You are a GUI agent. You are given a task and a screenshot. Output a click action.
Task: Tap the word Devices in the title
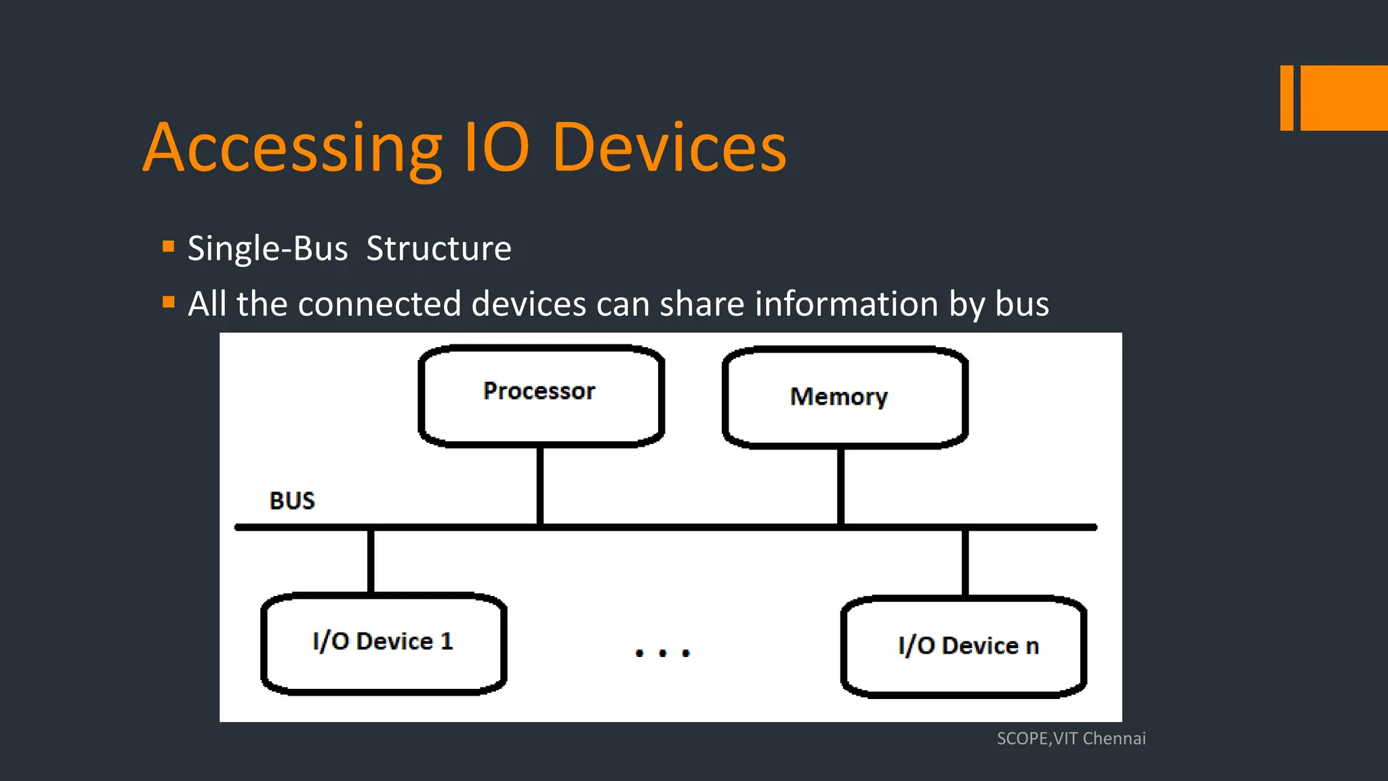coord(669,148)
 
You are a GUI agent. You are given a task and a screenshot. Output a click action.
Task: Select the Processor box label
coord(539,391)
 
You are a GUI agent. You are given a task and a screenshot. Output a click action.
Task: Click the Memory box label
coord(838,397)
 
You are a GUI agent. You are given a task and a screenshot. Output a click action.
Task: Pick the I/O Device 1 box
coord(383,642)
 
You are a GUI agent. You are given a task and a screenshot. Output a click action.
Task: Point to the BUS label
coord(292,501)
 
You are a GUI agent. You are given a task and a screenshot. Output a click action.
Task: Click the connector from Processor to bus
coord(540,485)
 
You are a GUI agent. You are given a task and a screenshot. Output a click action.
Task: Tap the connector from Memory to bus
coord(840,486)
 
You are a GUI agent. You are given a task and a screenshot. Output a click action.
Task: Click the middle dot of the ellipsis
coord(663,654)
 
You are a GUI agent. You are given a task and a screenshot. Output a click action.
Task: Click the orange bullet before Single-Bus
coord(169,246)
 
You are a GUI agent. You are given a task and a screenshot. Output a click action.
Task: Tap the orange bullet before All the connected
coord(169,302)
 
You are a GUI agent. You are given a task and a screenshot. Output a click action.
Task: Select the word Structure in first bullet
coord(438,249)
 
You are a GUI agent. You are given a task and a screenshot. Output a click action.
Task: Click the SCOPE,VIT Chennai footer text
coord(1071,738)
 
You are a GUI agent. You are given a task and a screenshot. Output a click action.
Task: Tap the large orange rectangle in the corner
coord(1344,98)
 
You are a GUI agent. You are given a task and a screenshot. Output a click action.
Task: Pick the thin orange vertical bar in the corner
coord(1286,98)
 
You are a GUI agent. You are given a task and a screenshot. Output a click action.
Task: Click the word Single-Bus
coord(268,249)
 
